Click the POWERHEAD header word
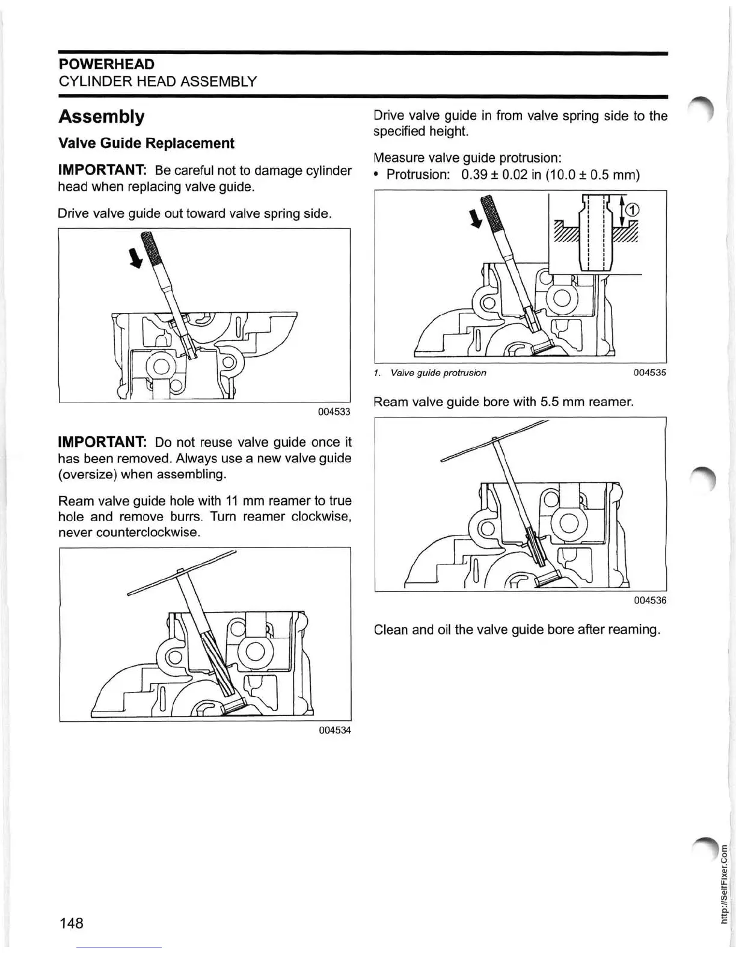pos(106,64)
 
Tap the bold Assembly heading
pos(101,116)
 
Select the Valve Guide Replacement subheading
pos(146,143)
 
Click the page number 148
pos(71,923)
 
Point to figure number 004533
pos(334,412)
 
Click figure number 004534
pos(334,730)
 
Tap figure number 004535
pos(649,372)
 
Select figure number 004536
pos(649,600)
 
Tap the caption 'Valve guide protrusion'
pos(438,373)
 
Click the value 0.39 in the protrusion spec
pos(474,175)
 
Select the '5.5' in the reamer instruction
pos(550,402)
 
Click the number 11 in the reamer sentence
pos(232,501)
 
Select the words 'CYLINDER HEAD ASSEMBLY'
pos(158,81)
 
